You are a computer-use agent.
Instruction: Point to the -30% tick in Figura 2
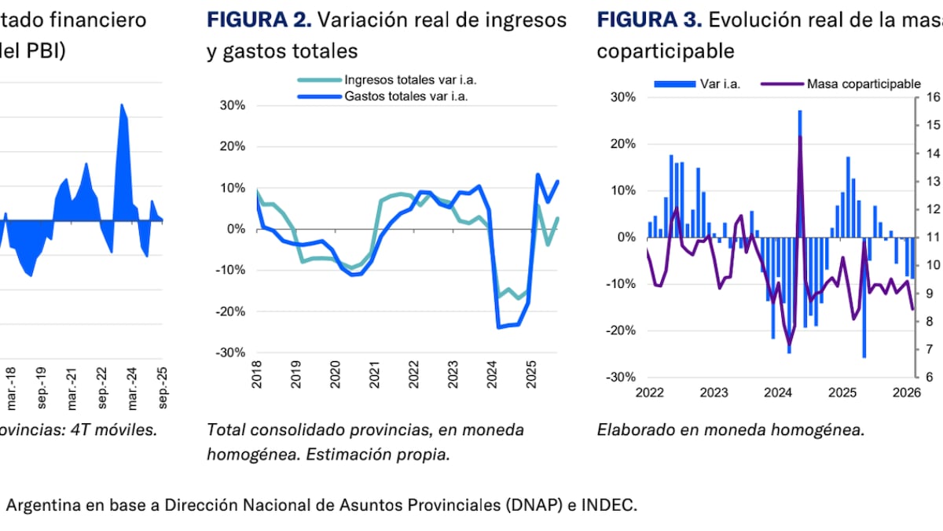(x=232, y=352)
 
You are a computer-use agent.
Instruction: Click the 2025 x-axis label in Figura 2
(x=530, y=385)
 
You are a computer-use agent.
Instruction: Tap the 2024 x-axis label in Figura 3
(x=778, y=393)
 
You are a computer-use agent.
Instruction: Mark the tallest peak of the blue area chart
(x=122, y=104)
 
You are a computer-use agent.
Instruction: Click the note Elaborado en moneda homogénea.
(x=731, y=430)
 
